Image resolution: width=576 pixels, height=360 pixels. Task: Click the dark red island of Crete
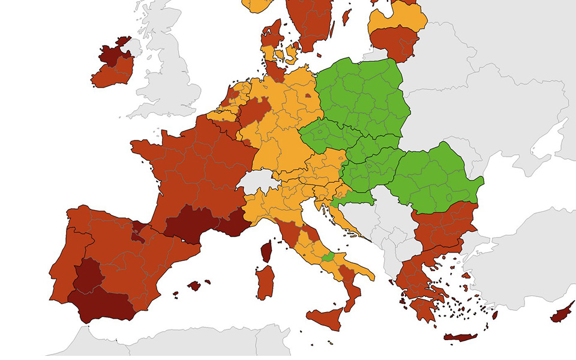460,337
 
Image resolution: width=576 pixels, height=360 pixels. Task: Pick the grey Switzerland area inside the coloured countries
257,179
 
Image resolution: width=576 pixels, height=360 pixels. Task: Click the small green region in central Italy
328,257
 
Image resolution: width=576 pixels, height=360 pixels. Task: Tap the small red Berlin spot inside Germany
308,95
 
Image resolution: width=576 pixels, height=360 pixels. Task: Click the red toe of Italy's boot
352,294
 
